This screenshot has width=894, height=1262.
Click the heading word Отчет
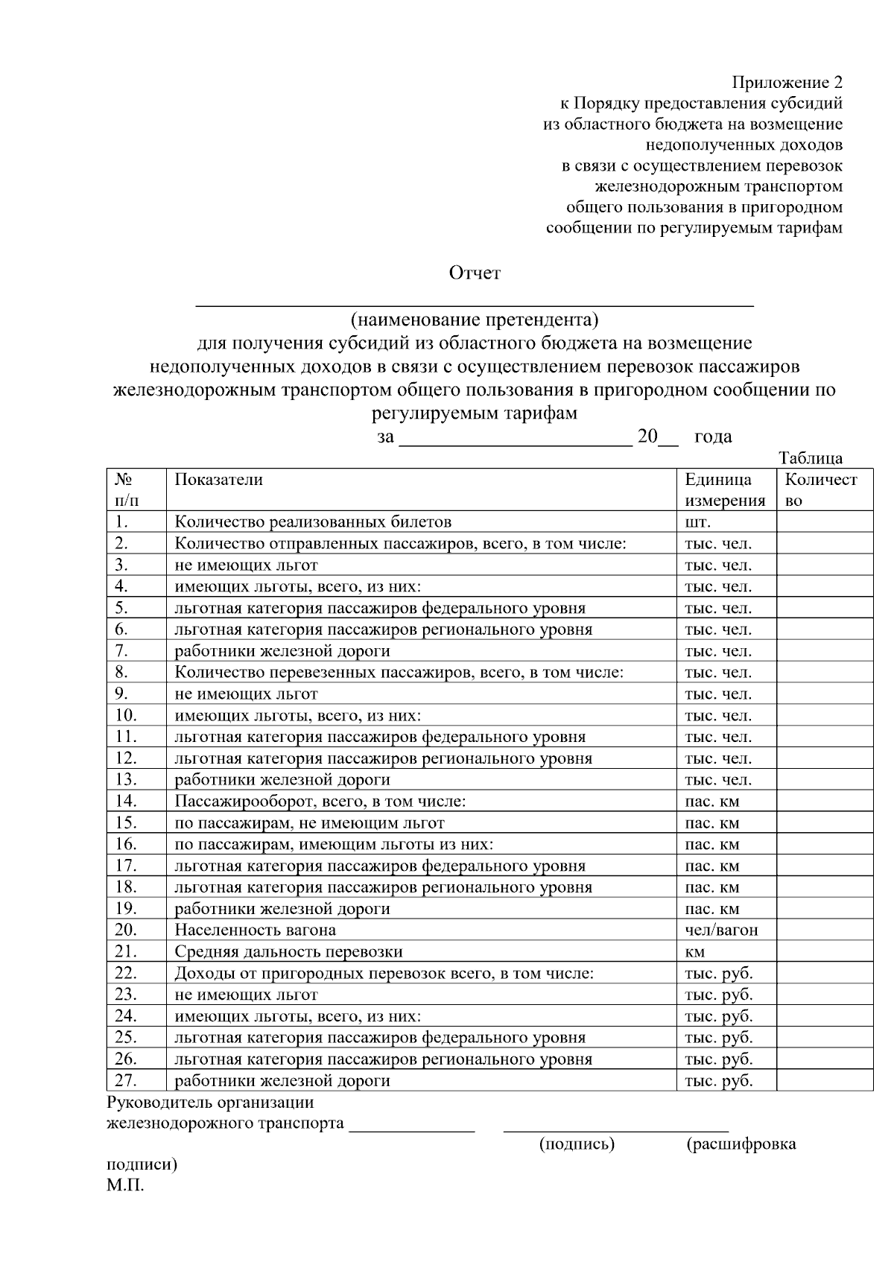(x=474, y=273)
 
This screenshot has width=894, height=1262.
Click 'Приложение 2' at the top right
(x=787, y=82)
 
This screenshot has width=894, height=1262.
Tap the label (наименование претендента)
(x=475, y=320)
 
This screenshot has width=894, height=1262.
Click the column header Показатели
(x=218, y=480)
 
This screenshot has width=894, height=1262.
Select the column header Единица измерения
(x=724, y=490)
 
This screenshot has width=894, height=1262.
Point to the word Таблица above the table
(x=811, y=458)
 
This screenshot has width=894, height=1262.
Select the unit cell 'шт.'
(x=698, y=522)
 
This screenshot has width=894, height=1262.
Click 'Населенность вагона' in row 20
(x=255, y=930)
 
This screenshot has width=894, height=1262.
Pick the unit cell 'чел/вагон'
(x=721, y=930)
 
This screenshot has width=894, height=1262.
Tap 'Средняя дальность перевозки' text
(x=288, y=952)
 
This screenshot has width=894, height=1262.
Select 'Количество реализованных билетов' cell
(x=313, y=522)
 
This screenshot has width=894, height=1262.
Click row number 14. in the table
(x=126, y=802)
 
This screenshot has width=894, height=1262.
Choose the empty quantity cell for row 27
(x=824, y=1081)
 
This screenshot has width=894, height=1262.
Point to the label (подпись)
(x=577, y=1144)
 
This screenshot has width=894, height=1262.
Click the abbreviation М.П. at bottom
(x=125, y=1186)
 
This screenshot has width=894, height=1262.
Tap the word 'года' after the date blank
(x=712, y=437)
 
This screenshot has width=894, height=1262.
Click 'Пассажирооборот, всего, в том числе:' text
(x=320, y=802)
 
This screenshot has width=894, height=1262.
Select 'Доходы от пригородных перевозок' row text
(x=384, y=974)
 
